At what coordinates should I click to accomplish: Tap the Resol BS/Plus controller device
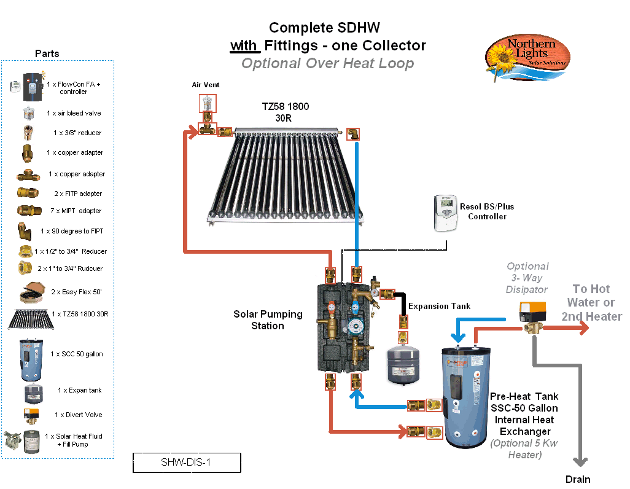coord(446,214)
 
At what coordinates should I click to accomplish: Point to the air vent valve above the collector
coord(208,103)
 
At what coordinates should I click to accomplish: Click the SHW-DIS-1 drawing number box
coord(186,463)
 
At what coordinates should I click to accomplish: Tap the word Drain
coord(578,479)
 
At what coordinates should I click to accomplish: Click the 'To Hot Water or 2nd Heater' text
coord(591,302)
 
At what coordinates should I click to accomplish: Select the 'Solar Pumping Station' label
coord(268,319)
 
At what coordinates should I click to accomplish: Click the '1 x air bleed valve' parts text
coord(74,113)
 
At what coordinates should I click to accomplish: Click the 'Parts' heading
coord(47,53)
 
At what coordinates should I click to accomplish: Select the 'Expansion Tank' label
coord(439,306)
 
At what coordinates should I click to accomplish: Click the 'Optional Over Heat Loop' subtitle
coord(327,63)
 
